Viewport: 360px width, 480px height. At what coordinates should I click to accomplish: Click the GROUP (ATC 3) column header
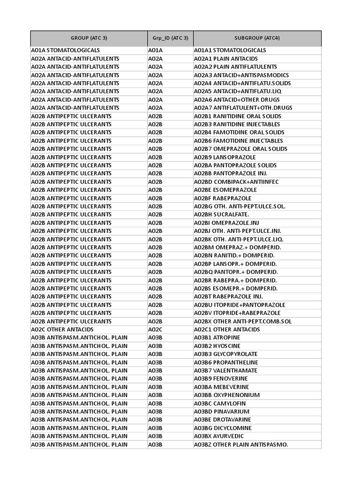89,38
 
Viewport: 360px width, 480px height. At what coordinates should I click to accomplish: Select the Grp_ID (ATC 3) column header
170,38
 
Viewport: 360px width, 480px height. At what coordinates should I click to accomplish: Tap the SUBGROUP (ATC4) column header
257,38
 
